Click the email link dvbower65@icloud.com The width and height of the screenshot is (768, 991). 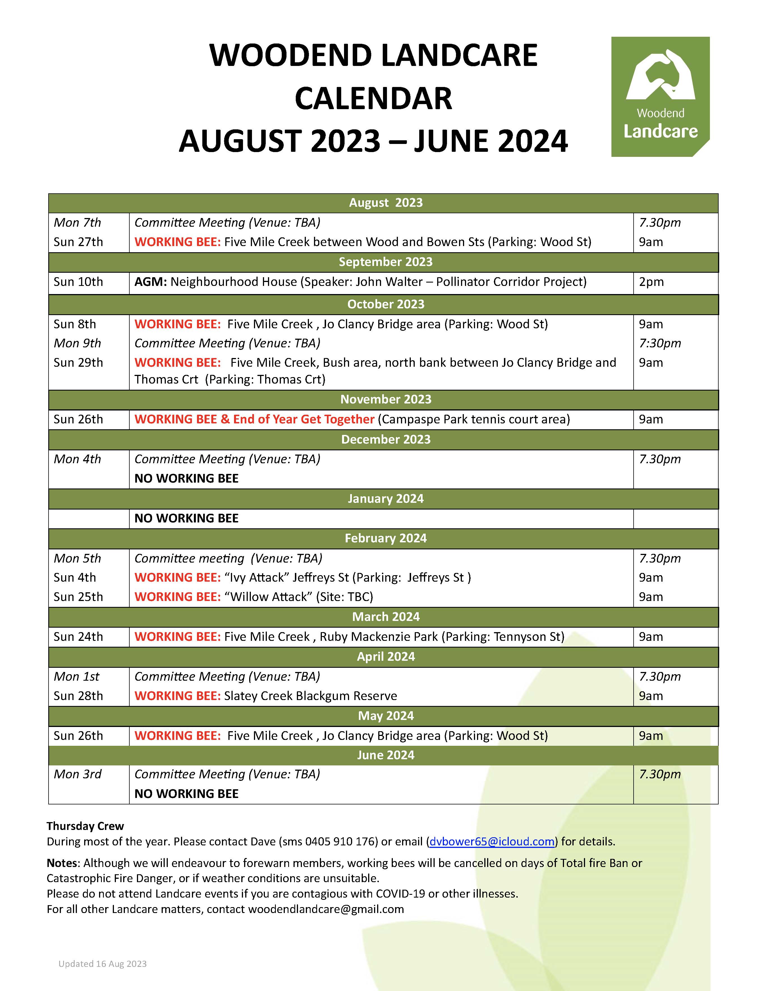492,842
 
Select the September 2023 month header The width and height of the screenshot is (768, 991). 385,262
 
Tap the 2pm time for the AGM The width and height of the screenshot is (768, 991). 651,282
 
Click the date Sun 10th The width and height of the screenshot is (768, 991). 78,282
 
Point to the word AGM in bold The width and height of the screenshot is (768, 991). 150,282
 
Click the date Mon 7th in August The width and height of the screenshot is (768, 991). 77,222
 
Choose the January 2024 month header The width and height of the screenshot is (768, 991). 385,498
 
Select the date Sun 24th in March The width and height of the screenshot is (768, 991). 78,637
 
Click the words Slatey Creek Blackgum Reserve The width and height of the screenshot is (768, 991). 310,696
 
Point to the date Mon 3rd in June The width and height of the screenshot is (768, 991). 77,774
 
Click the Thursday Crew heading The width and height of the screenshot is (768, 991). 85,826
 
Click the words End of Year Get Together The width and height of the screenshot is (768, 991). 304,419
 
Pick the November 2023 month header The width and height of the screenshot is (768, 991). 385,399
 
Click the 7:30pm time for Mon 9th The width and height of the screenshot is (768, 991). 659,343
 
